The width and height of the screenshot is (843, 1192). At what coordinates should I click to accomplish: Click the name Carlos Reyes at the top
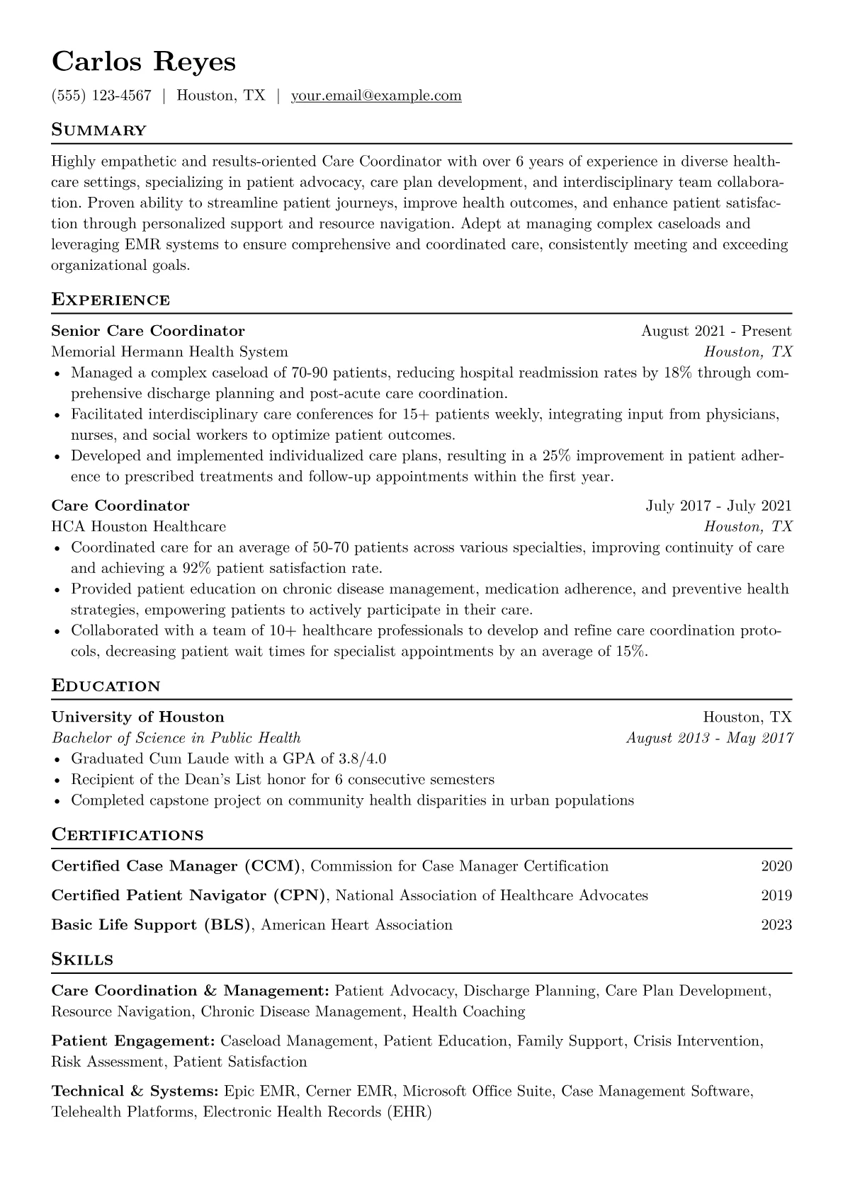click(x=144, y=62)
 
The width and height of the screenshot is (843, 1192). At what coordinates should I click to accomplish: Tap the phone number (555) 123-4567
click(x=101, y=96)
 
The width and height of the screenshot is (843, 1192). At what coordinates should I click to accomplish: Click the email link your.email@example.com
click(x=376, y=96)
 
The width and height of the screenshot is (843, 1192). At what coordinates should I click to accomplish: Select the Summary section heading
click(x=99, y=130)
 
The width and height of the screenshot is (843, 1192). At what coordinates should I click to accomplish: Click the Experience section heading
click(x=111, y=300)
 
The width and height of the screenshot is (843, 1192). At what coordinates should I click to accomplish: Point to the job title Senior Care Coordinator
click(x=148, y=331)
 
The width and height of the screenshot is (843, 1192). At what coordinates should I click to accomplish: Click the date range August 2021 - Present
click(x=716, y=331)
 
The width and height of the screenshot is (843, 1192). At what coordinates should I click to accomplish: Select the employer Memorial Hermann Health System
click(x=170, y=351)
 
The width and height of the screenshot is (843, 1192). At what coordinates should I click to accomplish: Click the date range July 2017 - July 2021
click(x=718, y=506)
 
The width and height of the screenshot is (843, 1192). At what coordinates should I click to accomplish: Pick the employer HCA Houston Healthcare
click(x=139, y=526)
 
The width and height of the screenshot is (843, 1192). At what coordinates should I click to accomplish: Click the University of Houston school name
click(x=138, y=717)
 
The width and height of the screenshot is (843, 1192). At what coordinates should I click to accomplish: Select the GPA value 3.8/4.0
click(x=362, y=759)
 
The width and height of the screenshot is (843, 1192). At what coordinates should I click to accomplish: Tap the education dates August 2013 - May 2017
click(x=710, y=738)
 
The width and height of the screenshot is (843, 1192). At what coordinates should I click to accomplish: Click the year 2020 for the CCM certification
click(x=776, y=866)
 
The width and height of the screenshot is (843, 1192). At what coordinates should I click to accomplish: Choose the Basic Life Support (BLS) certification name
click(x=152, y=925)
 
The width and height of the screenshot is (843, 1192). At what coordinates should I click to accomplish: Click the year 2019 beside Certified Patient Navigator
click(x=776, y=895)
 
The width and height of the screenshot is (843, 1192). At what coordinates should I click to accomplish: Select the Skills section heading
click(x=82, y=960)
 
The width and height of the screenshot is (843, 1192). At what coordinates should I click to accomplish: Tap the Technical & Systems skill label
click(x=135, y=1091)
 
